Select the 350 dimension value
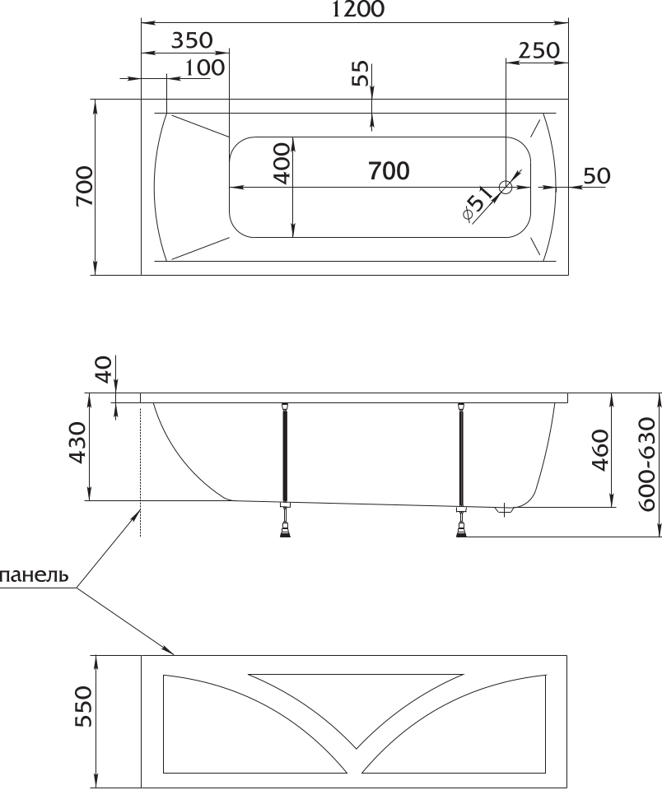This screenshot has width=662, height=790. (192, 39)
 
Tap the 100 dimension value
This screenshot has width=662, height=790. (204, 67)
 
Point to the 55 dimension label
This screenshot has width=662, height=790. (360, 74)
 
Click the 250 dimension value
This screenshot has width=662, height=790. (539, 50)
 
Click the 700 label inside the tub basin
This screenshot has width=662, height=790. (389, 171)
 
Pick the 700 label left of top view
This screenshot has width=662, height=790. (85, 186)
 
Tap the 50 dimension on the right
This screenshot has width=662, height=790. (596, 175)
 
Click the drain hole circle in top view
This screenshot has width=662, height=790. (506, 188)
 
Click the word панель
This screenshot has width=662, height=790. (35, 575)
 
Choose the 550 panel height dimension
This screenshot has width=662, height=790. (84, 706)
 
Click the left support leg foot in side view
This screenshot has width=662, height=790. (286, 531)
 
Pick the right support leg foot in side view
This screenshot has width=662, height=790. (461, 531)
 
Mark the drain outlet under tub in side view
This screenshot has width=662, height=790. (504, 510)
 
